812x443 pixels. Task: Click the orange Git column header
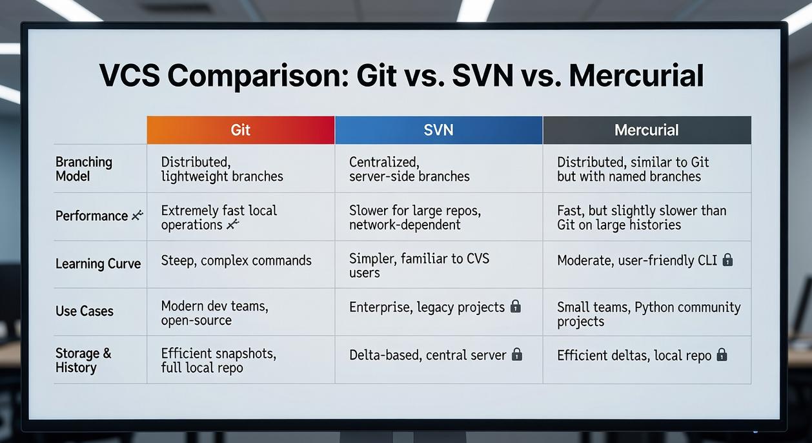(240, 130)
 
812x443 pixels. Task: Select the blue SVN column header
(438, 130)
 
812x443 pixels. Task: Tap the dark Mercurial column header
(646, 130)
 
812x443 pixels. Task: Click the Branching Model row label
(84, 169)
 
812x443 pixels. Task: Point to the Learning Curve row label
(98, 263)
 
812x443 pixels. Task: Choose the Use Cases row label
(85, 311)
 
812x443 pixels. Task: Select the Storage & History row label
(83, 360)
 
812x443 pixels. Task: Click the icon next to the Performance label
(137, 216)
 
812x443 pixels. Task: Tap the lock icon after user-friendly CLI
(727, 260)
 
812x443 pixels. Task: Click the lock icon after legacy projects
(515, 307)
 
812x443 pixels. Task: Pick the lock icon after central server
(516, 355)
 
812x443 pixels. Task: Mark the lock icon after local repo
(722, 355)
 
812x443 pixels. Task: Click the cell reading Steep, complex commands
(236, 260)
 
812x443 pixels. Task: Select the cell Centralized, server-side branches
(409, 169)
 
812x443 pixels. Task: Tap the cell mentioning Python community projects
(648, 314)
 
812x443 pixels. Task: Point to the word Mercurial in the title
(636, 76)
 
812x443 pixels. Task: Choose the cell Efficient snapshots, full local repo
(218, 360)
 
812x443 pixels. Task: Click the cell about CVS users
(419, 265)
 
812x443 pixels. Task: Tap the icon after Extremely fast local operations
(233, 224)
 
